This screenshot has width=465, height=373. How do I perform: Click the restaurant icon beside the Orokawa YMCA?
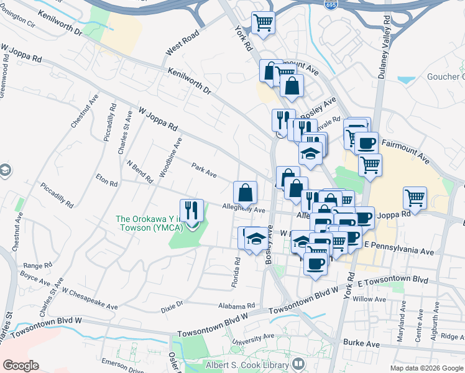tap(191, 211)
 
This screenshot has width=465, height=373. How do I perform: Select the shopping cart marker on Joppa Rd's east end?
tap(415, 199)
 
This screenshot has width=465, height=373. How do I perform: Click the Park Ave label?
tap(204, 168)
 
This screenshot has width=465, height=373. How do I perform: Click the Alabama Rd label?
tap(237, 306)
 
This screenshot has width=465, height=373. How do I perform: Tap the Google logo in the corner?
tap(21, 365)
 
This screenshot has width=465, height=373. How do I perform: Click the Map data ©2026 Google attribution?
tap(426, 368)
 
